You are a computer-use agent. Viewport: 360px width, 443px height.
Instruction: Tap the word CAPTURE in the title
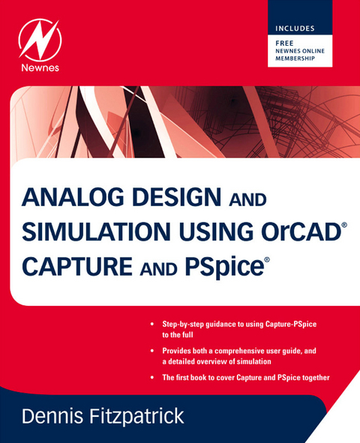point(71,265)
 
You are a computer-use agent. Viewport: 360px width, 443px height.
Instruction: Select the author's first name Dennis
point(57,415)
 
